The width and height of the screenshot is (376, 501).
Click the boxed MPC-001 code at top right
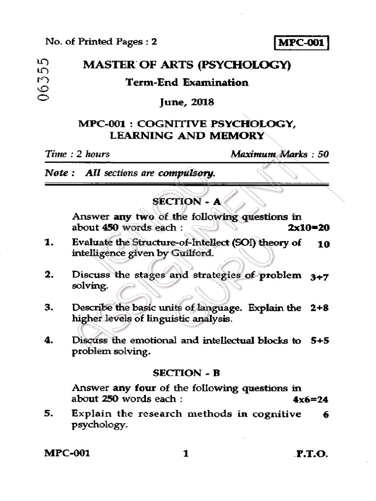(301, 43)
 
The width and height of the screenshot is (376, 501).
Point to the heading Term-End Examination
(186, 82)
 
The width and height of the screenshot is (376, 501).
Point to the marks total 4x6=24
(310, 399)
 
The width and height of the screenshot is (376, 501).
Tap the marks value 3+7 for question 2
(319, 277)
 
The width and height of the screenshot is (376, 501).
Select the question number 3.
(48, 308)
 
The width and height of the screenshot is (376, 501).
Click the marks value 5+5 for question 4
(319, 342)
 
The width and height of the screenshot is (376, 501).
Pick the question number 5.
(48, 414)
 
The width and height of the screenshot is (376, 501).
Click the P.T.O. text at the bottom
(312, 454)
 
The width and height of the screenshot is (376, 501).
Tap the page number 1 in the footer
(186, 454)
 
